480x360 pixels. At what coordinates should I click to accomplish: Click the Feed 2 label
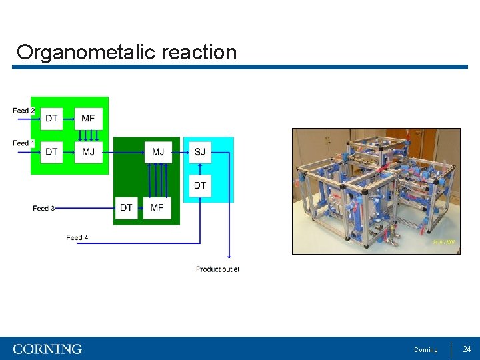(23, 110)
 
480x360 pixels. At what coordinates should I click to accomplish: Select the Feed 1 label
(23, 143)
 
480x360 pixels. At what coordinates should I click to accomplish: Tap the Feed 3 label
(43, 209)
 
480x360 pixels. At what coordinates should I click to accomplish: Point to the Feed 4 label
(77, 237)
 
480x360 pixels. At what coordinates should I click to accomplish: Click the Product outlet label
(217, 269)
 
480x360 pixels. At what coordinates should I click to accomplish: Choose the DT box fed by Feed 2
(51, 119)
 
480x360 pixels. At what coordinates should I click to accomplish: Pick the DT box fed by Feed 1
(51, 152)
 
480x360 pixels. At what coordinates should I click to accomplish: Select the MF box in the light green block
(88, 119)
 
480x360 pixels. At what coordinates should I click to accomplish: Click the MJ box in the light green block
(88, 152)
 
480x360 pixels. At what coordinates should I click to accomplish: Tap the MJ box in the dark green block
(158, 152)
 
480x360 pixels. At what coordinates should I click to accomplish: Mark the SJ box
(200, 152)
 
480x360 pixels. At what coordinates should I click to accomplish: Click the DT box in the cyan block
(200, 185)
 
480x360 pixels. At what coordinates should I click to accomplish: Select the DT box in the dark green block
(126, 208)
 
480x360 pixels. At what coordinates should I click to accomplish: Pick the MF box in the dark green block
(157, 208)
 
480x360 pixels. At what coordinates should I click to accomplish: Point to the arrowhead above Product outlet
(229, 256)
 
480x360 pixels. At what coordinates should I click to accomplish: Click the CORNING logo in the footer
(47, 349)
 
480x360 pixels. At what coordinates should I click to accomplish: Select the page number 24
(467, 349)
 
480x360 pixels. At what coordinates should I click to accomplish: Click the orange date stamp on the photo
(443, 243)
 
